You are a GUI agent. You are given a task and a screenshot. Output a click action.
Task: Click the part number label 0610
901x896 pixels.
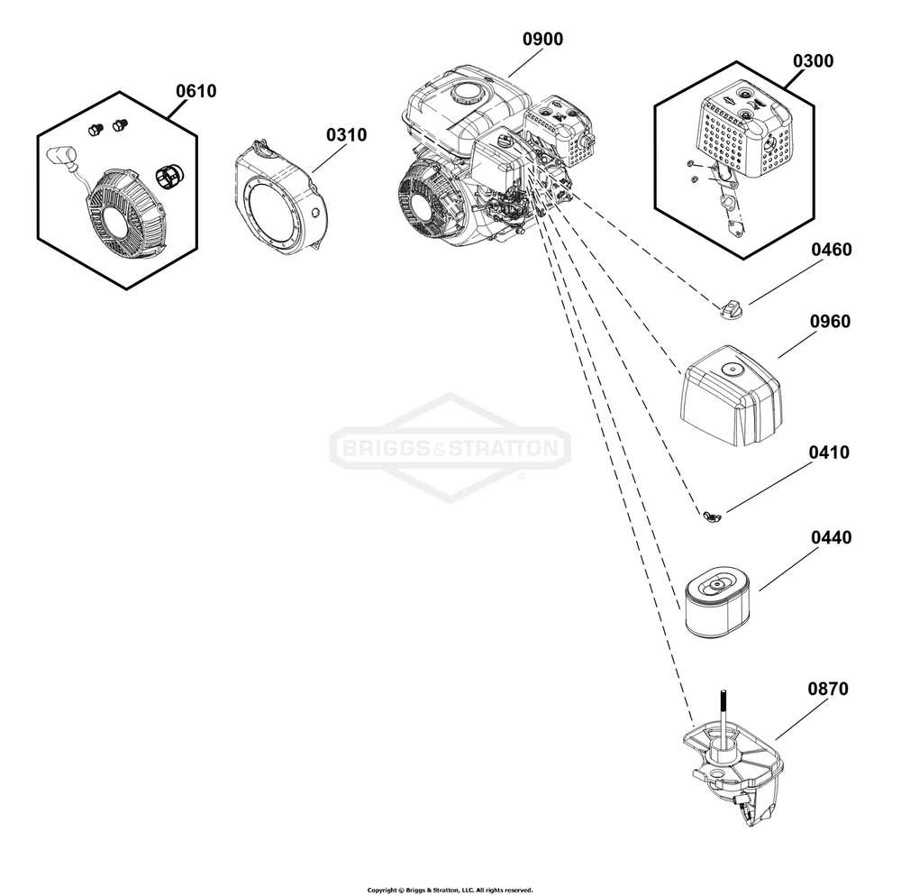pos(196,91)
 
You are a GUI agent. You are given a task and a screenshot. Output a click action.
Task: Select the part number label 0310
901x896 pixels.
pos(346,135)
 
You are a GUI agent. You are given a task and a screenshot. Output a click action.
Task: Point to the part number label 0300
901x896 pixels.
pos(813,61)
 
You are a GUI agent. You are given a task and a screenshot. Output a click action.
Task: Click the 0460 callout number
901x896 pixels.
pos(831,250)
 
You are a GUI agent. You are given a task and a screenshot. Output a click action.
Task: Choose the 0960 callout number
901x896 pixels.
pos(831,322)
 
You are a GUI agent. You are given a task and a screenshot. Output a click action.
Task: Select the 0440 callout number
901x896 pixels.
pos(831,538)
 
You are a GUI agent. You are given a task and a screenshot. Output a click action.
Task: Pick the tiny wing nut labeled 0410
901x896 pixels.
pos(711,516)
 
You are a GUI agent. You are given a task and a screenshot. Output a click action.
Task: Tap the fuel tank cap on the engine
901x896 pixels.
pos(468,92)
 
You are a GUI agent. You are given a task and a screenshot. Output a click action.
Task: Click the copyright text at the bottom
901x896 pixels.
pos(450,889)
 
